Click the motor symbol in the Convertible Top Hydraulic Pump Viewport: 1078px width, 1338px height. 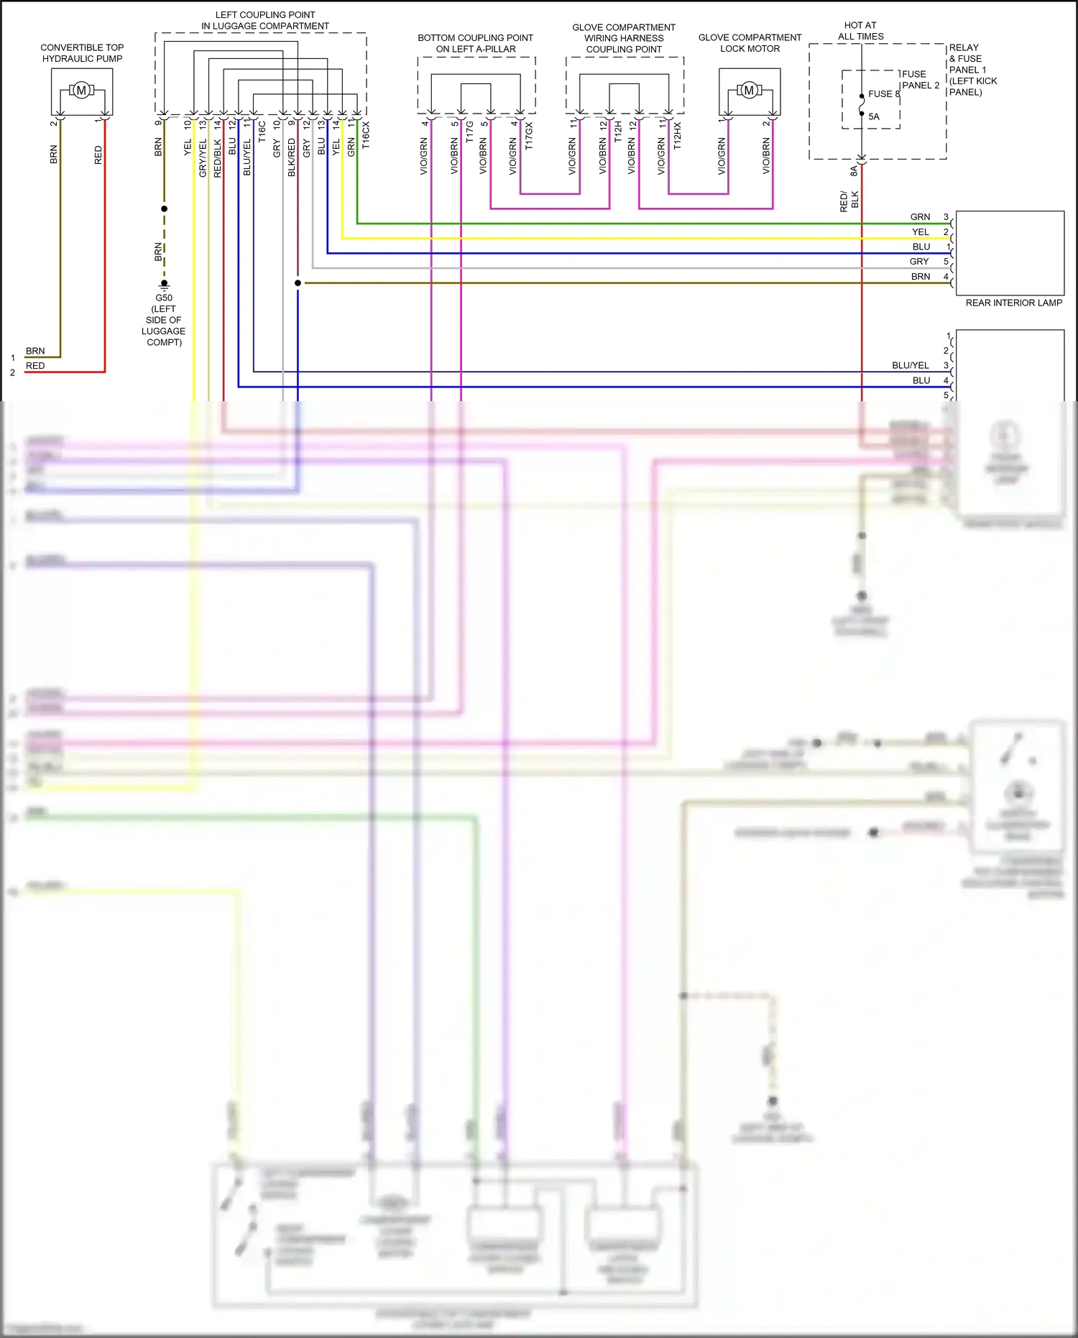coord(81,91)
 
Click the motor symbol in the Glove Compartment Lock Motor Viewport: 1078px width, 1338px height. coord(750,91)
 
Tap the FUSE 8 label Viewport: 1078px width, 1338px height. coord(883,94)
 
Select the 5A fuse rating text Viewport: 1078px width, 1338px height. coord(874,116)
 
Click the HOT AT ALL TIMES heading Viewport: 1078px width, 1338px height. coord(860,31)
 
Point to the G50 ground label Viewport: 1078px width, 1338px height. coord(164,298)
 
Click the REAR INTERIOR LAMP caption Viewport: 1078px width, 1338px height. coord(1013,303)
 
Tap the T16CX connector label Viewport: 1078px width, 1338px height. coord(366,135)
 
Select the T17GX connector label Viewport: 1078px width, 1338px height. coord(529,135)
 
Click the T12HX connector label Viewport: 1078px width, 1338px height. coord(677,135)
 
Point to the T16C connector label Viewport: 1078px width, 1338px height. coord(262,132)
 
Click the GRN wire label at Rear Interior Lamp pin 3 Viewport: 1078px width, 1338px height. coord(920,217)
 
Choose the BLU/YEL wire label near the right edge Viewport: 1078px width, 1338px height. coord(910,365)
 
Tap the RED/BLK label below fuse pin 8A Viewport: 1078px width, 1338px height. coord(849,200)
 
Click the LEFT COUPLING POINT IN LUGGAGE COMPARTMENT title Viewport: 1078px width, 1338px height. coord(265,20)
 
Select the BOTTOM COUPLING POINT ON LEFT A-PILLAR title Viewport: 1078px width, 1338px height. coord(475,43)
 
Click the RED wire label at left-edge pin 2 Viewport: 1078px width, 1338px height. coord(35,366)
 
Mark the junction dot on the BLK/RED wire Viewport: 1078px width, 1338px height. coord(298,283)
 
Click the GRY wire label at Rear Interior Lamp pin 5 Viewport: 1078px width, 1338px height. coord(919,262)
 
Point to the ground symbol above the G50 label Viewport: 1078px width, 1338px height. coord(164,284)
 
